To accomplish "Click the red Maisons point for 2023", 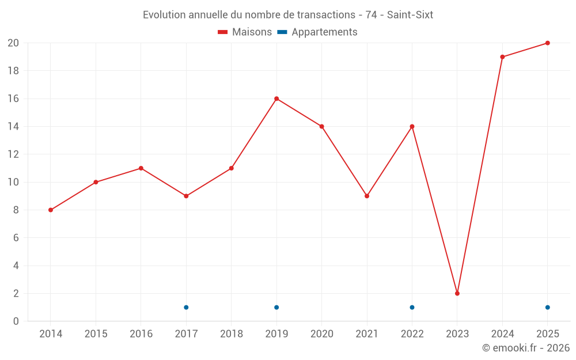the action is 457,294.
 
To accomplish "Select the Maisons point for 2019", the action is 276,99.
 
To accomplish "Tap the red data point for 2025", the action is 547,43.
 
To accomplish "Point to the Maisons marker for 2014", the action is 51,210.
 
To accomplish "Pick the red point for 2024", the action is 502,57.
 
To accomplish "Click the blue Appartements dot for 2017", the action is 186,308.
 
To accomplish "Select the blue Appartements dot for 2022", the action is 412,308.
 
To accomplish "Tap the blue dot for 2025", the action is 547,308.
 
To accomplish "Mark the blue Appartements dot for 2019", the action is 276,308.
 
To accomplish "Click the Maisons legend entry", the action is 245,32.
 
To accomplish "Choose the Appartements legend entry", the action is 317,32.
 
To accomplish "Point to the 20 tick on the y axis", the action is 13,43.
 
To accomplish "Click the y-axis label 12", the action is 13,154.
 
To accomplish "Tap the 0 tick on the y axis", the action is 16,321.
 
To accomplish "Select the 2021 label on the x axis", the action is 366,334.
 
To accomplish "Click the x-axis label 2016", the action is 141,334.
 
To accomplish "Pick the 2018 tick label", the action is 232,334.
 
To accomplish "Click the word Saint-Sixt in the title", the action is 410,15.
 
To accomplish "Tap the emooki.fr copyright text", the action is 526,347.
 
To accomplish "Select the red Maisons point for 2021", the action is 366,196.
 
